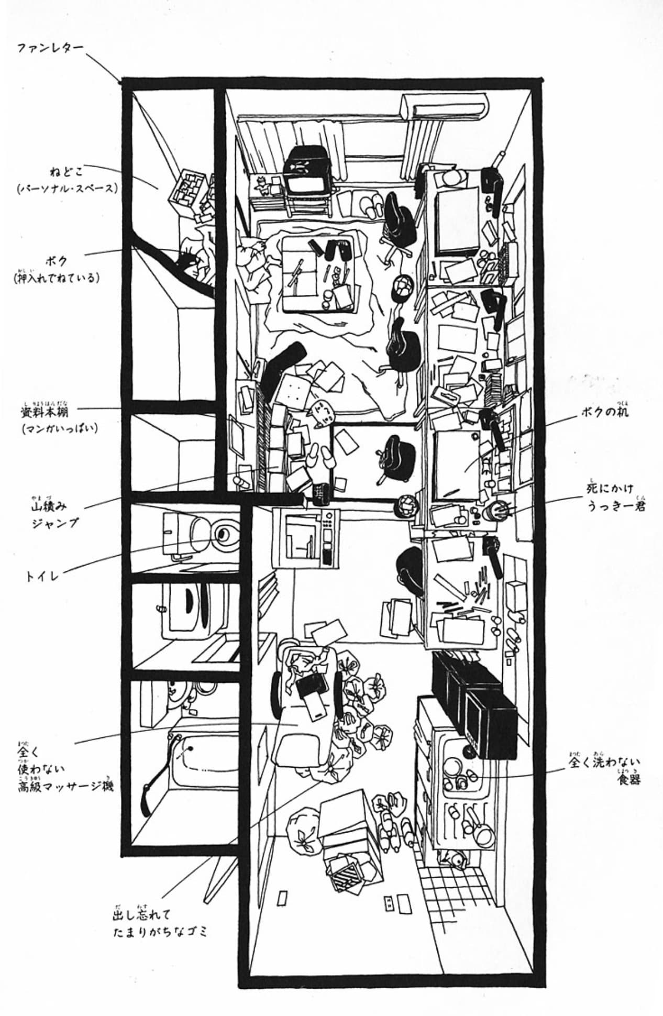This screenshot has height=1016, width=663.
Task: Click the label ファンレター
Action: pos(50,49)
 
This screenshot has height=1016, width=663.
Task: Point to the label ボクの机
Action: pos(604,413)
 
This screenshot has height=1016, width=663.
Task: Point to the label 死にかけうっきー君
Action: pos(615,500)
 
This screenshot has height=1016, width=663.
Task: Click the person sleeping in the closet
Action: pos(196,262)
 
